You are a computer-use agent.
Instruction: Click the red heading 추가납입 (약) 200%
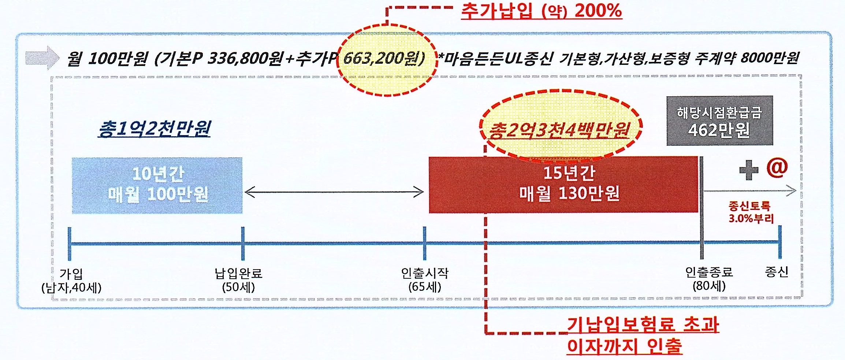click(541, 11)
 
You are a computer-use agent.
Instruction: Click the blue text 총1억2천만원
click(155, 129)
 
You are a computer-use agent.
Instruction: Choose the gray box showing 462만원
click(719, 121)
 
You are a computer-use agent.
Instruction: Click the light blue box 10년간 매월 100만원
click(157, 185)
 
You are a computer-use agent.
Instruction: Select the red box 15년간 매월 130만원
click(563, 184)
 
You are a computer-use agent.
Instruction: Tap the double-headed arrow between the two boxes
click(334, 192)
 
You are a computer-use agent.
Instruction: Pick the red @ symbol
click(777, 168)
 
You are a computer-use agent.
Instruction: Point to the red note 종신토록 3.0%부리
click(751, 212)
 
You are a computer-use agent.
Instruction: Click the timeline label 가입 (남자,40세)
click(71, 281)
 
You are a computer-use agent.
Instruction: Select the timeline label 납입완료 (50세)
click(238, 280)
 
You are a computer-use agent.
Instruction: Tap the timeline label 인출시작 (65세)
click(425, 279)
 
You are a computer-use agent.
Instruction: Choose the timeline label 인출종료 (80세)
click(709, 279)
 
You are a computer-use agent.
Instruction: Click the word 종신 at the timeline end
click(776, 272)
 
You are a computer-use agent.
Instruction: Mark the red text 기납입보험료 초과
click(643, 325)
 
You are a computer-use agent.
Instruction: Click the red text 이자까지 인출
click(625, 346)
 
